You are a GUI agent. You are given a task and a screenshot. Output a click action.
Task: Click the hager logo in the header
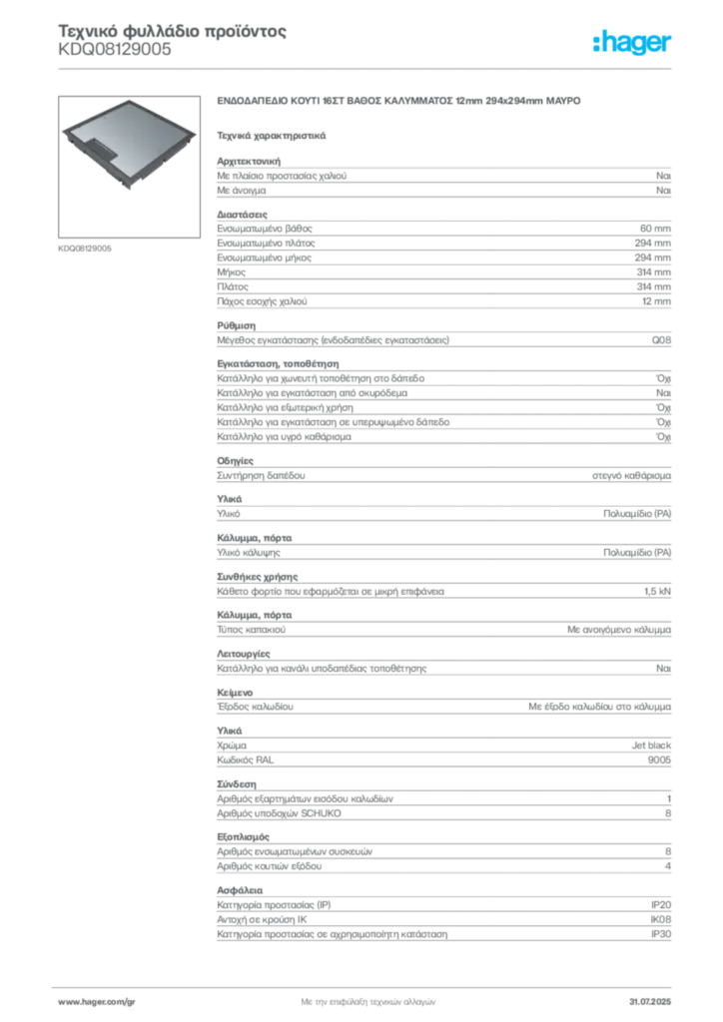(631, 43)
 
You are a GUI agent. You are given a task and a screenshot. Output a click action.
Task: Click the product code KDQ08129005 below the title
(115, 50)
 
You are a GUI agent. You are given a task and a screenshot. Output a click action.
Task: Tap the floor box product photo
(129, 167)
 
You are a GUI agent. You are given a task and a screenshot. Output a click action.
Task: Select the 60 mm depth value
(655, 229)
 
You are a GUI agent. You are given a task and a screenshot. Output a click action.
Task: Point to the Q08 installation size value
(661, 340)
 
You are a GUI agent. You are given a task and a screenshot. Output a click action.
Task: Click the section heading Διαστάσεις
(242, 215)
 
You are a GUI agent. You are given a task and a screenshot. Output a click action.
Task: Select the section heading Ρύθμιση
(236, 326)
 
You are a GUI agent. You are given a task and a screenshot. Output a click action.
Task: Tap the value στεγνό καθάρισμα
(631, 476)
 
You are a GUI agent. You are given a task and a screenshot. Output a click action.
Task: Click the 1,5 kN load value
(657, 592)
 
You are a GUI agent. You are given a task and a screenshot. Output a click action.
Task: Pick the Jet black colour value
(651, 746)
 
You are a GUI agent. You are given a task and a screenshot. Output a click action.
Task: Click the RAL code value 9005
(659, 760)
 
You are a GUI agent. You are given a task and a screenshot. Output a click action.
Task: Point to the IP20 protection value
(661, 905)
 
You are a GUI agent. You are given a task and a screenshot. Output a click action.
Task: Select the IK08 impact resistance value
(660, 919)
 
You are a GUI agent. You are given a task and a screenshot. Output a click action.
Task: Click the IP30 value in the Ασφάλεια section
(661, 934)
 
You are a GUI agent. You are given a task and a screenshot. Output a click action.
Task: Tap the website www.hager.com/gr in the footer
(97, 1002)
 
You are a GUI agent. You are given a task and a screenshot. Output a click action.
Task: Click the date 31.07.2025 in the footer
(650, 1002)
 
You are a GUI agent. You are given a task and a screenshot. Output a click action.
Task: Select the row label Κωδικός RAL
(245, 760)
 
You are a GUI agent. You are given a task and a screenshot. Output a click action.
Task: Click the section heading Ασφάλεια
(240, 890)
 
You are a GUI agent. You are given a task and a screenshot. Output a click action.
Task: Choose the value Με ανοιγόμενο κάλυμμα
(619, 631)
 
